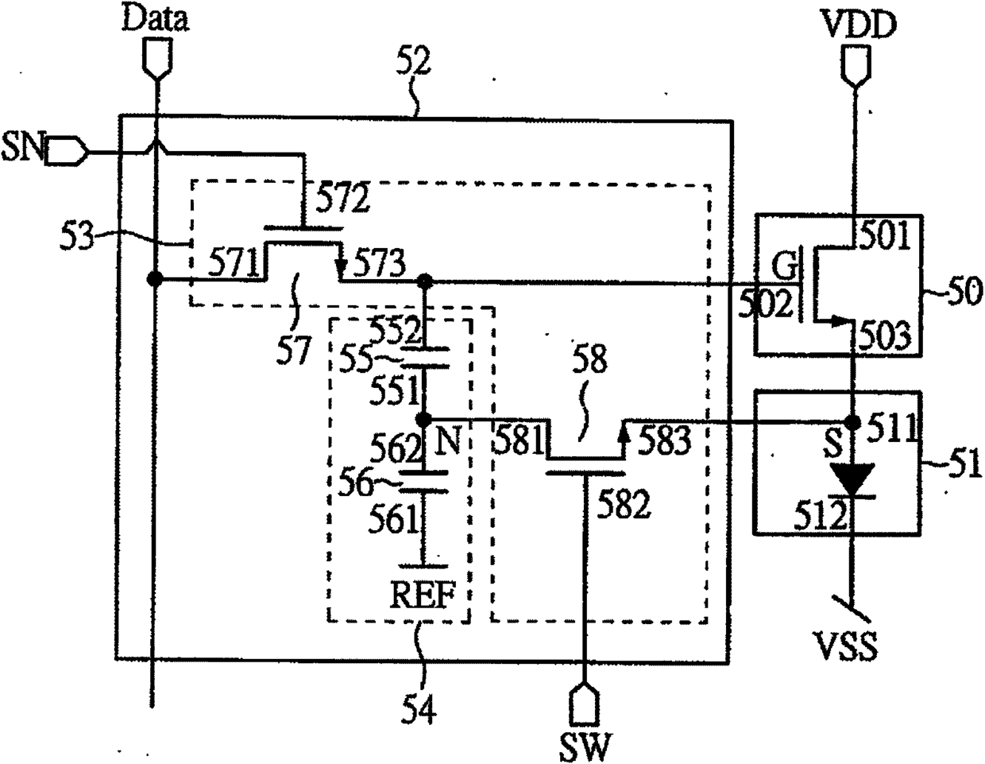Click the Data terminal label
click(155, 20)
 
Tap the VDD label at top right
click(859, 25)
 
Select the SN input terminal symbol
click(66, 149)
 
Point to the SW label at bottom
click(585, 746)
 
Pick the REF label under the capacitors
click(423, 595)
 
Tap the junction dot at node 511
click(854, 423)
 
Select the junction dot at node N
click(424, 419)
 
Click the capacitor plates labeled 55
click(425, 358)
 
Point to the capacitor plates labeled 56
click(423, 482)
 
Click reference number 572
click(342, 198)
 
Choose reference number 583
click(665, 440)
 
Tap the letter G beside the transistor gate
click(784, 267)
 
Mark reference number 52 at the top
click(413, 62)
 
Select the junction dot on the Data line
click(155, 279)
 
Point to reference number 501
click(884, 236)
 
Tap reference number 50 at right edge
click(965, 292)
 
